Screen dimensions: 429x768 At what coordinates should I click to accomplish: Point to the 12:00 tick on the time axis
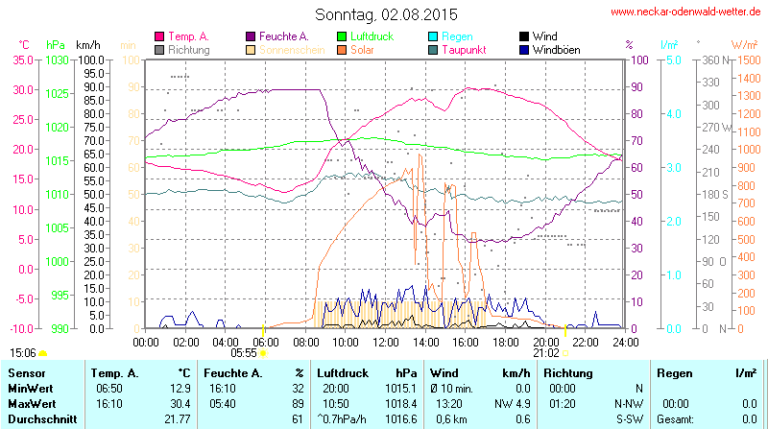click(x=386, y=341)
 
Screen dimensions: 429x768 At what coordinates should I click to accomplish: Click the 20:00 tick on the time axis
click(x=546, y=341)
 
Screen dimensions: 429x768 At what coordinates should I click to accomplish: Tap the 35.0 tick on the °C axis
click(x=21, y=60)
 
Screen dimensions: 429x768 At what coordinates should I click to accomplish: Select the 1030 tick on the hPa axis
click(x=57, y=60)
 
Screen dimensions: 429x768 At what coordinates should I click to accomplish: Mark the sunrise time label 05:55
click(x=244, y=353)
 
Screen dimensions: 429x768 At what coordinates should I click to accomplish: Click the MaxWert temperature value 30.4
click(x=178, y=404)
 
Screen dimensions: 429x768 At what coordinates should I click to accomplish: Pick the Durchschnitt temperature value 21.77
click(x=175, y=419)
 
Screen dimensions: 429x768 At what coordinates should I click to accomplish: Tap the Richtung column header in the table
click(x=567, y=372)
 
